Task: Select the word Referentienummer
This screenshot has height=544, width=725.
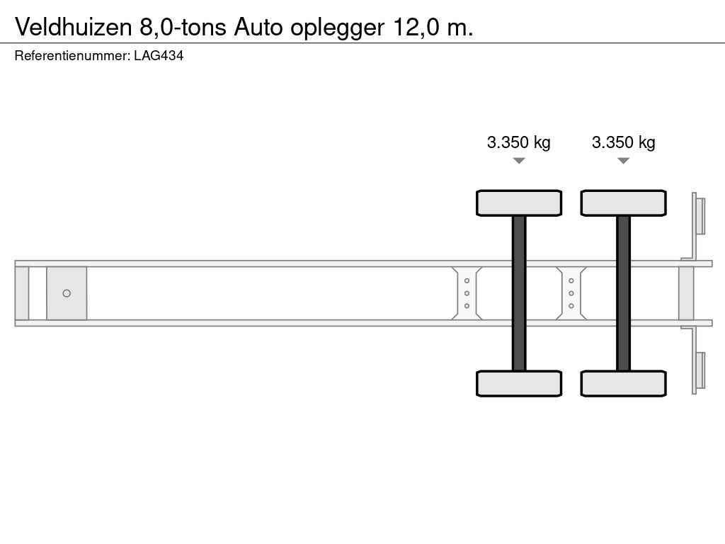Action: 71,57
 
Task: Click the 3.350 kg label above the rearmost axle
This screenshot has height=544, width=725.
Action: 623,142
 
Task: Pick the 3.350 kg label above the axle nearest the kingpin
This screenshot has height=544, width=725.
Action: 519,142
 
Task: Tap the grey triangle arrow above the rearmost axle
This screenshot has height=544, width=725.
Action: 623,161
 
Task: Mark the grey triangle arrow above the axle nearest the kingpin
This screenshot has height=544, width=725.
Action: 519,161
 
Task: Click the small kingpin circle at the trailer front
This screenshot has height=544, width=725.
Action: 67,293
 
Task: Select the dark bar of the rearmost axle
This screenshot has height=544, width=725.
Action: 623,293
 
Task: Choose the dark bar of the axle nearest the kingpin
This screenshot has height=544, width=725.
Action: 519,293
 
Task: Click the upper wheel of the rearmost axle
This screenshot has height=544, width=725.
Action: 623,203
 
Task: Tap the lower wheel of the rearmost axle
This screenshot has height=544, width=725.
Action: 623,383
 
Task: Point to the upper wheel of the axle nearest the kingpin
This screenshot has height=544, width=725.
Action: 519,203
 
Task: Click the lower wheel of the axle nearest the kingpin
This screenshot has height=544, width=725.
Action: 519,383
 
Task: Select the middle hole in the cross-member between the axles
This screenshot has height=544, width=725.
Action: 571,293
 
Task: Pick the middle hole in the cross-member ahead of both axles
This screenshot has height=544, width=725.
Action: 467,293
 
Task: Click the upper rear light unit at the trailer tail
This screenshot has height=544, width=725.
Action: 700,215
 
